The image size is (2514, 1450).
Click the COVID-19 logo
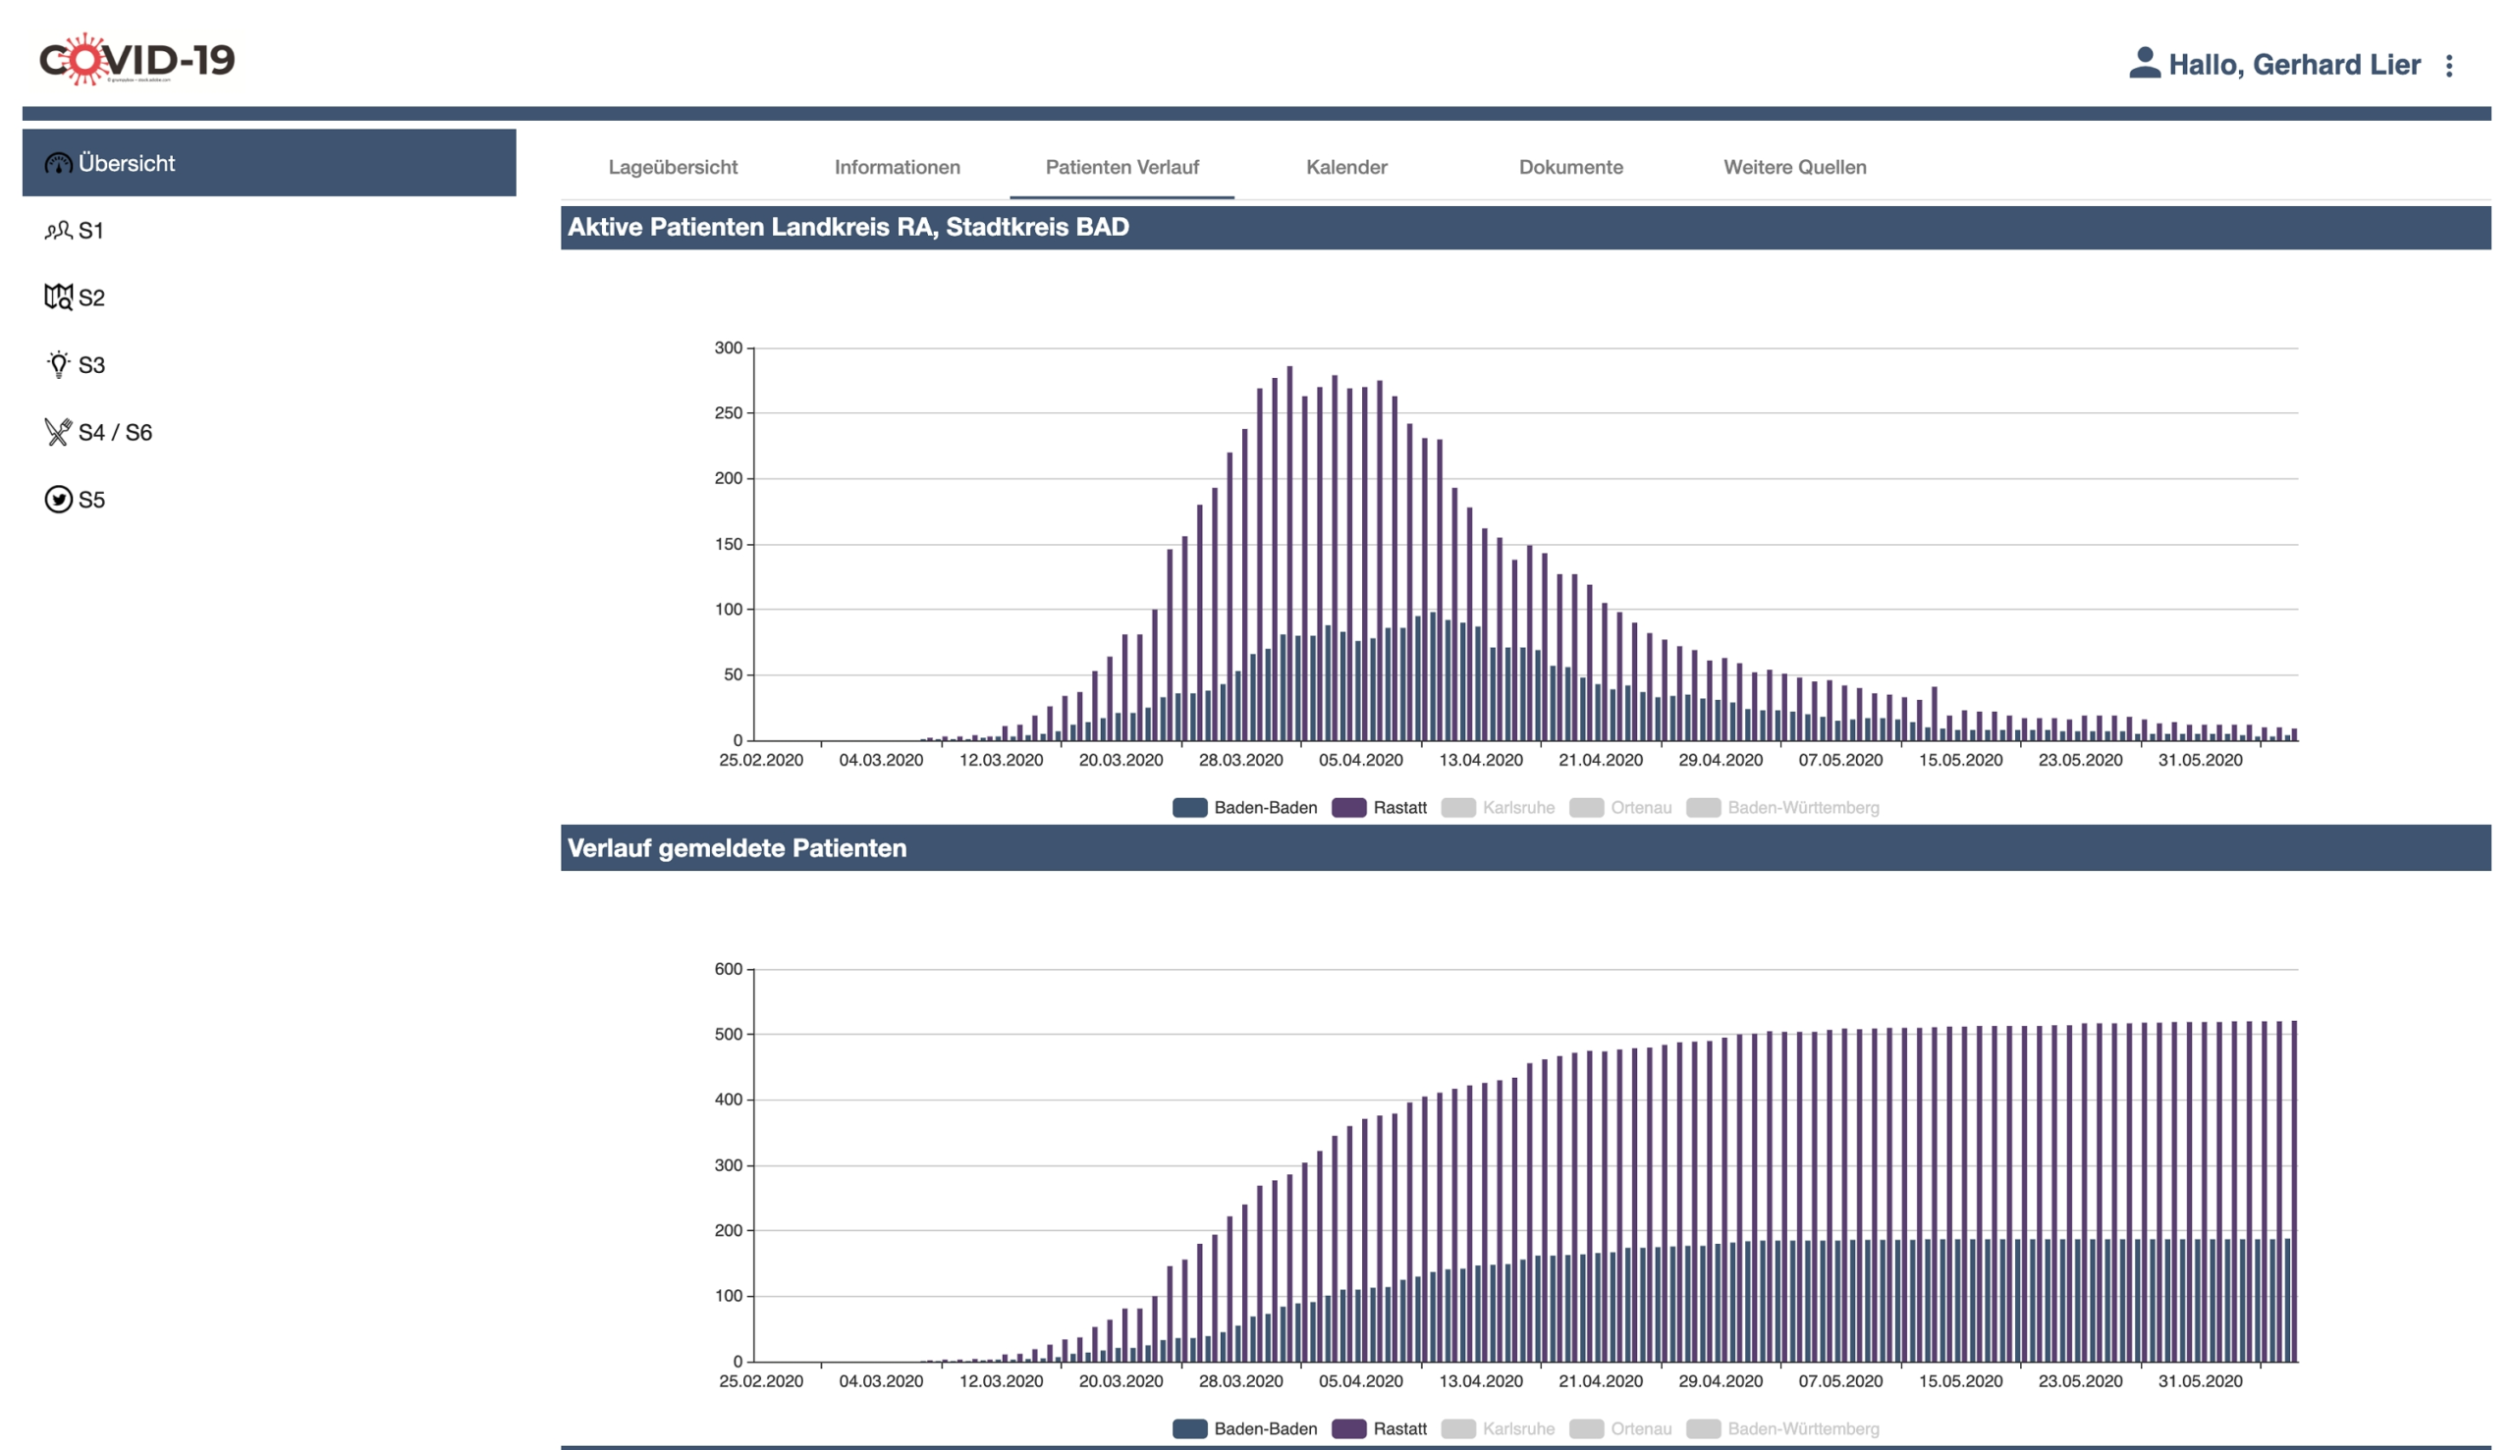pos(137,60)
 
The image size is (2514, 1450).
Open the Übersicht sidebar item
pos(127,163)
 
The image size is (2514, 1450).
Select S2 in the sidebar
pos(89,297)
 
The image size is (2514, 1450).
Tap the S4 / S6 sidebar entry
pos(115,432)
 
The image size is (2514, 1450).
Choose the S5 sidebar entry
pos(89,500)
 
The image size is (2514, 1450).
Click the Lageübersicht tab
pos(673,167)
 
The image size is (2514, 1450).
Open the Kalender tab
pos(1345,167)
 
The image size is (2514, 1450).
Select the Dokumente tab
pos(1569,167)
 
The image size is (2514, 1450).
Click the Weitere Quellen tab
pos(1794,167)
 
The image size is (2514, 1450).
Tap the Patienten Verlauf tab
pos(1121,167)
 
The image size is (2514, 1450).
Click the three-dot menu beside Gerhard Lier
pos(2448,66)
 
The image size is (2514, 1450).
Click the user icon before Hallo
pos(2144,64)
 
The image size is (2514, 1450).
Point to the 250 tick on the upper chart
pos(728,413)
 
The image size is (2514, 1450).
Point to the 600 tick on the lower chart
pos(728,969)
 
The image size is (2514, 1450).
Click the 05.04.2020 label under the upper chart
pos(1359,761)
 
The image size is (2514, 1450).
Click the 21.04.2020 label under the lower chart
pos(1600,1381)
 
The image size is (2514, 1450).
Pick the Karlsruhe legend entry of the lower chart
pos(1499,1429)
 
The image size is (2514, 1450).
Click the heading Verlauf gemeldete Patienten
pos(738,848)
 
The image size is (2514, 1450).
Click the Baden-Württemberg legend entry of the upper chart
pos(1783,808)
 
